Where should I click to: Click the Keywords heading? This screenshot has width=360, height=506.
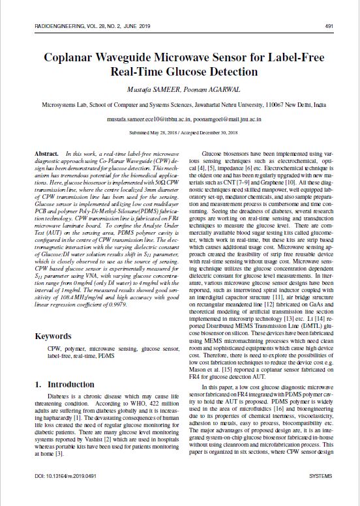click(x=53, y=336)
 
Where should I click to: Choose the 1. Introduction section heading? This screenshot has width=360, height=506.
click(x=65, y=384)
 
